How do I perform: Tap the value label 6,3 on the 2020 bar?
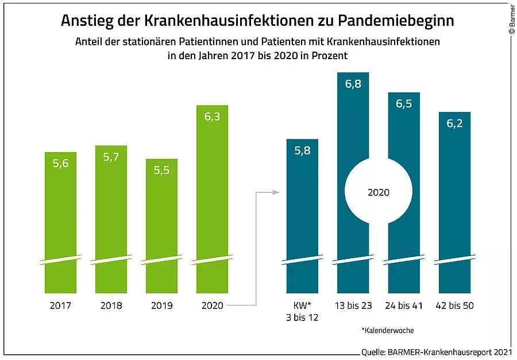coord(212,117)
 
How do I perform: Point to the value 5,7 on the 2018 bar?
coord(111,157)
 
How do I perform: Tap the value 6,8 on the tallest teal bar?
coord(353,84)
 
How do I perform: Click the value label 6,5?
coord(404,104)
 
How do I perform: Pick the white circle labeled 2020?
coord(378,192)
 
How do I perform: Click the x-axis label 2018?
coord(111,305)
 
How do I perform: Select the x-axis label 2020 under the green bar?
coord(212,305)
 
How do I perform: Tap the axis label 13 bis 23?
coord(353,305)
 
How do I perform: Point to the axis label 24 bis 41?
coord(403,305)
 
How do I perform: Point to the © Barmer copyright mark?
coord(512,20)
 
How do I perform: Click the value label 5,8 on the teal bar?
coord(302,151)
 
